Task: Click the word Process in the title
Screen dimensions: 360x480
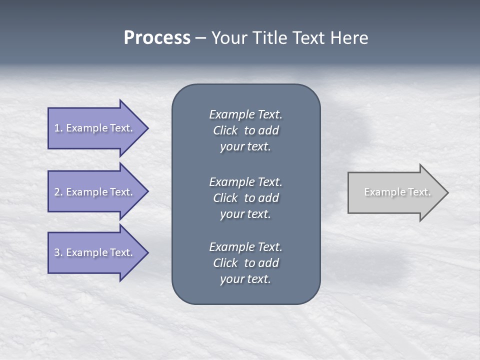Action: (157, 38)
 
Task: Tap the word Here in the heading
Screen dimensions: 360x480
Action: (349, 38)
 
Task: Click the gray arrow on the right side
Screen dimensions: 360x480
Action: (395, 192)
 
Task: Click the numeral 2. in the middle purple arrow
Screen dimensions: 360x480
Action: (58, 192)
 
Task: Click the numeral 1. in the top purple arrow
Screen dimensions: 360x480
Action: (58, 128)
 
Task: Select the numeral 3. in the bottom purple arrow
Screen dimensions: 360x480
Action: (58, 252)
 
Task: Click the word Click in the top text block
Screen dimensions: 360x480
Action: (225, 130)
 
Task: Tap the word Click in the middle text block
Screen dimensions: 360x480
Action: (225, 198)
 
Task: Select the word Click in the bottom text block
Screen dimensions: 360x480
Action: (225, 263)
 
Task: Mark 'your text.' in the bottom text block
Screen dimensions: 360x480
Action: (245, 279)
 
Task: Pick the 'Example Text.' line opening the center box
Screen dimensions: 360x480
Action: (245, 114)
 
